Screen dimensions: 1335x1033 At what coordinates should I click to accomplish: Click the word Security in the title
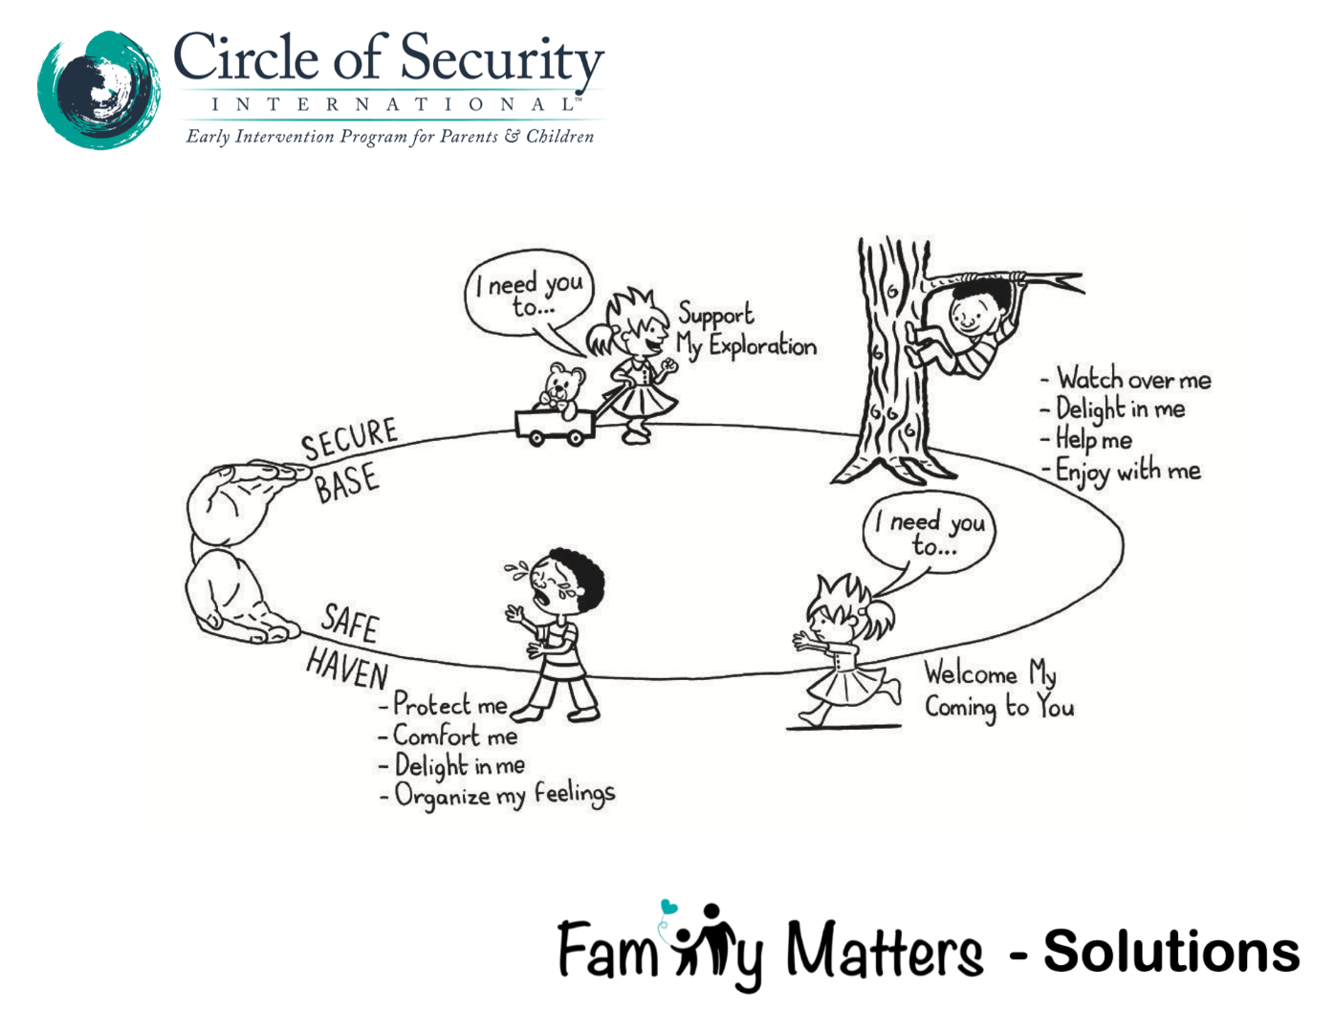point(502,59)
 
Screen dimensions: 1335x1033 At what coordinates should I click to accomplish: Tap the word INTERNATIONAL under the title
point(392,104)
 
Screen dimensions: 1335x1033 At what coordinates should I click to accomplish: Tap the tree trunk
point(889,373)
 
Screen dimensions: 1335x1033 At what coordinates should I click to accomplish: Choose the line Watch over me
point(1128,380)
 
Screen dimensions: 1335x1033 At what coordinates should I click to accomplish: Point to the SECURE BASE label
point(348,459)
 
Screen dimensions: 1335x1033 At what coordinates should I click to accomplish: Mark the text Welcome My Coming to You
point(996,690)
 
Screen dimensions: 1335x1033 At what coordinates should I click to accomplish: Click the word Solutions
point(1171,952)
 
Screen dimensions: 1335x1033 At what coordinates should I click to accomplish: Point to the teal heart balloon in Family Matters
point(668,907)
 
